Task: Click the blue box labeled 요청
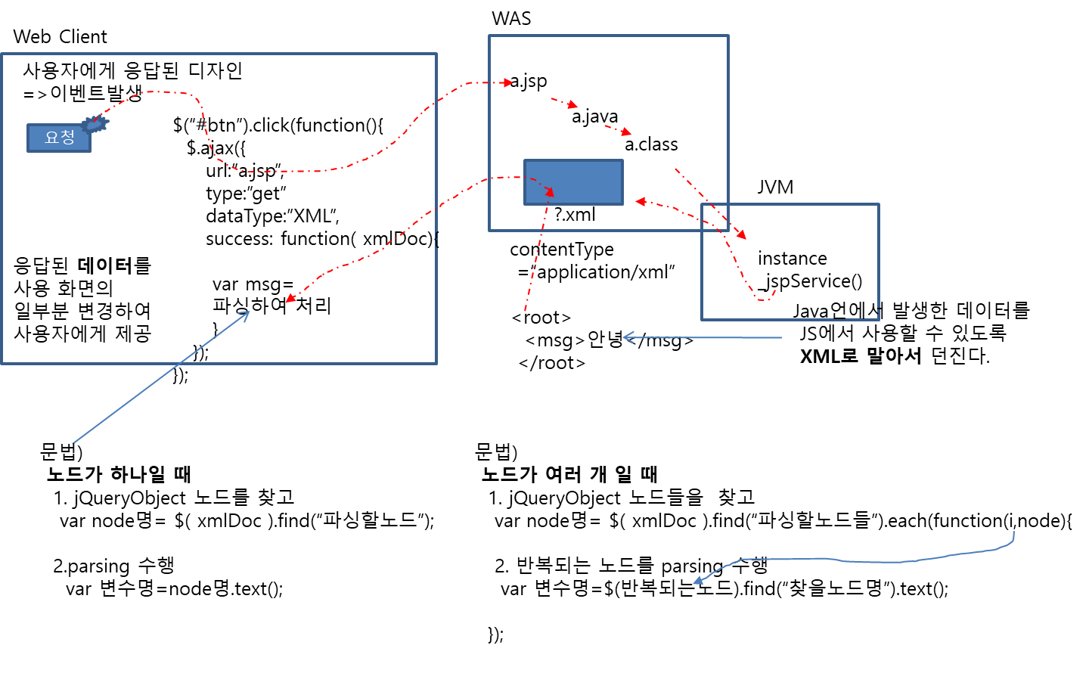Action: click(59, 138)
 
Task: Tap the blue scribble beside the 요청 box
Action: click(95, 124)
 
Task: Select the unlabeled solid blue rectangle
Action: click(573, 182)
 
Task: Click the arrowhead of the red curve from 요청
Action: click(508, 82)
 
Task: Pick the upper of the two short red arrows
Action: click(573, 105)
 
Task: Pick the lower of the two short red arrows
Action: click(626, 132)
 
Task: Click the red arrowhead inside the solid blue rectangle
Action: click(550, 193)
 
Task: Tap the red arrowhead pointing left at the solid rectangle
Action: click(640, 201)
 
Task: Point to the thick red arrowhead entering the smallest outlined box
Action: click(741, 235)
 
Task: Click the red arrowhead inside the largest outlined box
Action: click(290, 299)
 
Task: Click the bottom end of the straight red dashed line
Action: click(525, 311)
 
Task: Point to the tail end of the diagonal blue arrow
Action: click(73, 443)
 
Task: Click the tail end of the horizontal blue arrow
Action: click(781, 337)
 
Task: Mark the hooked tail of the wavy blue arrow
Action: click(1013, 532)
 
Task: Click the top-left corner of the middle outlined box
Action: click(490, 36)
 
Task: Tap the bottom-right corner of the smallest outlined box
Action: click(878, 319)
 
